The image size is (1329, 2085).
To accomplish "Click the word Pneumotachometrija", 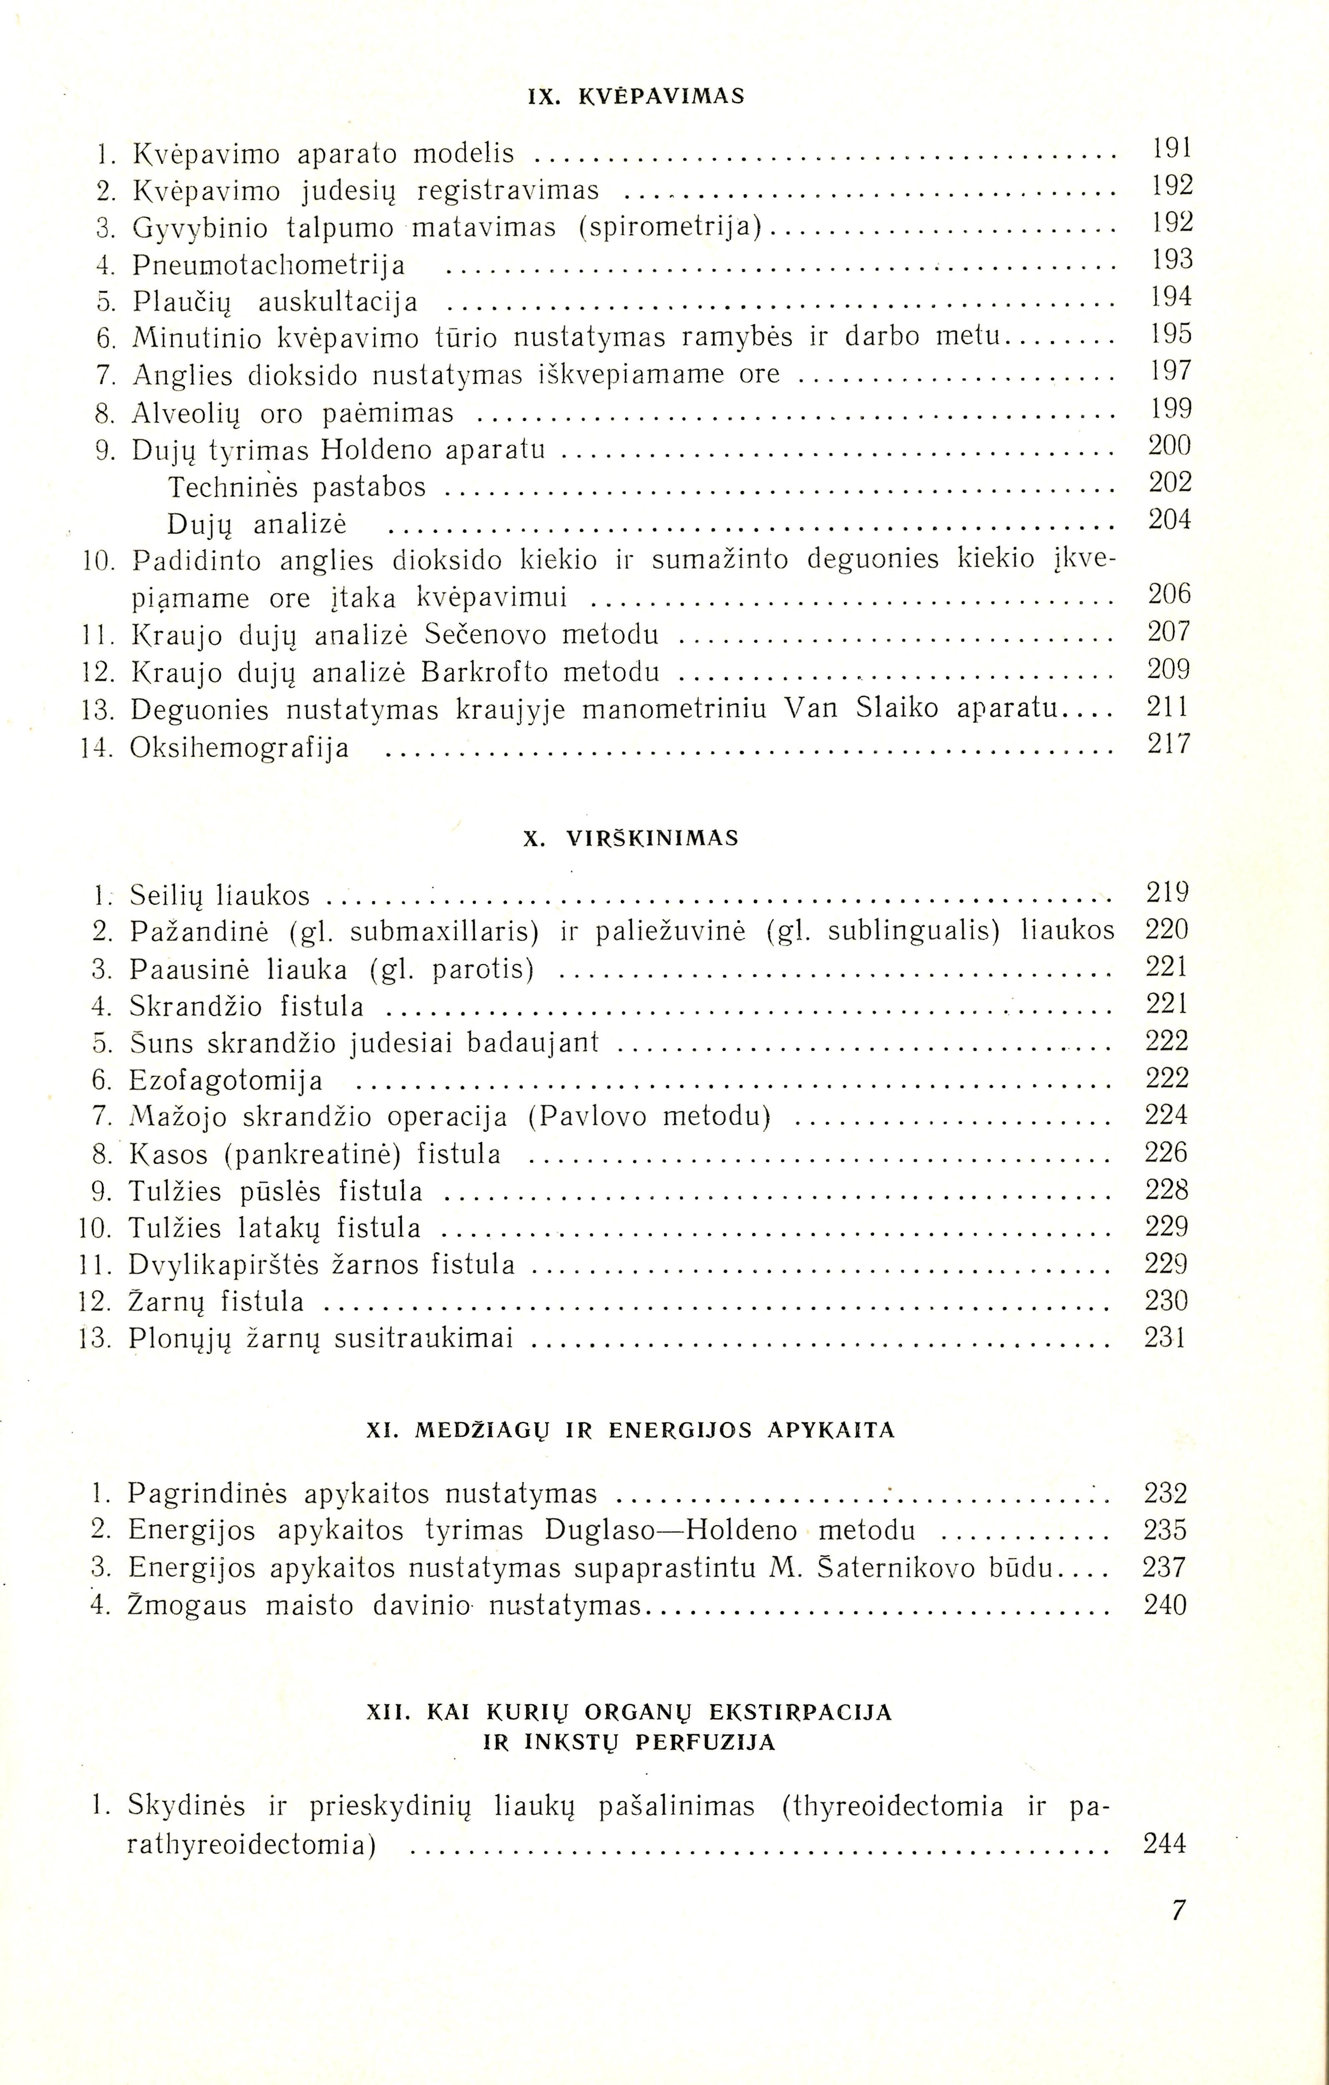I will coord(268,264).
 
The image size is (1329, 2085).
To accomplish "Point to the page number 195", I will coord(1171,334).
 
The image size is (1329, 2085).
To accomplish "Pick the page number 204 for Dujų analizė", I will coord(1170,519).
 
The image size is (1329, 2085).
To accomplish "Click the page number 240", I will coord(1165,1605).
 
